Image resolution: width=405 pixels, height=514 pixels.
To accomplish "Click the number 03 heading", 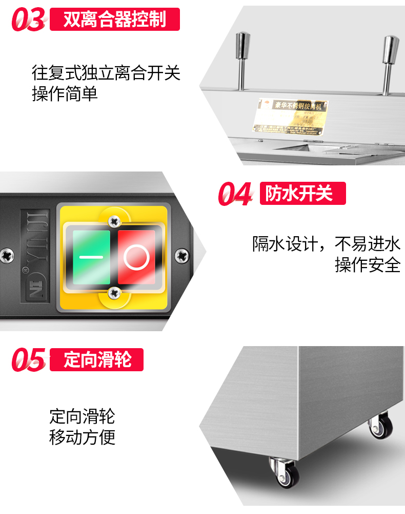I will click(29, 20).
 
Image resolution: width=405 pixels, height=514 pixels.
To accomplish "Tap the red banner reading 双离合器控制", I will click(115, 20).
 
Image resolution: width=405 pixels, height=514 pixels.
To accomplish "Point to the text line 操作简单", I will click(65, 94).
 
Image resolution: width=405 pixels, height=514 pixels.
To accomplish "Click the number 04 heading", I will click(235, 194).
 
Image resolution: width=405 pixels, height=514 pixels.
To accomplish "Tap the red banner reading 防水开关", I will click(302, 194).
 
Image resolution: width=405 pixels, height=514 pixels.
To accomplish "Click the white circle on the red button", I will click(136, 257).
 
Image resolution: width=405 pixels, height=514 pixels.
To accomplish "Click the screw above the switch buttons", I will click(114, 221).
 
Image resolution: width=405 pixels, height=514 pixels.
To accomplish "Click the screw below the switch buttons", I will click(114, 293).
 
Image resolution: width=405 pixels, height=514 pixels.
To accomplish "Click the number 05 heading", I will click(29, 359).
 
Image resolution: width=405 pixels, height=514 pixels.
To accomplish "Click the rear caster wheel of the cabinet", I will click(381, 426).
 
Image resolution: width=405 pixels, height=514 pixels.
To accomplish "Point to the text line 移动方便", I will click(82, 437).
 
